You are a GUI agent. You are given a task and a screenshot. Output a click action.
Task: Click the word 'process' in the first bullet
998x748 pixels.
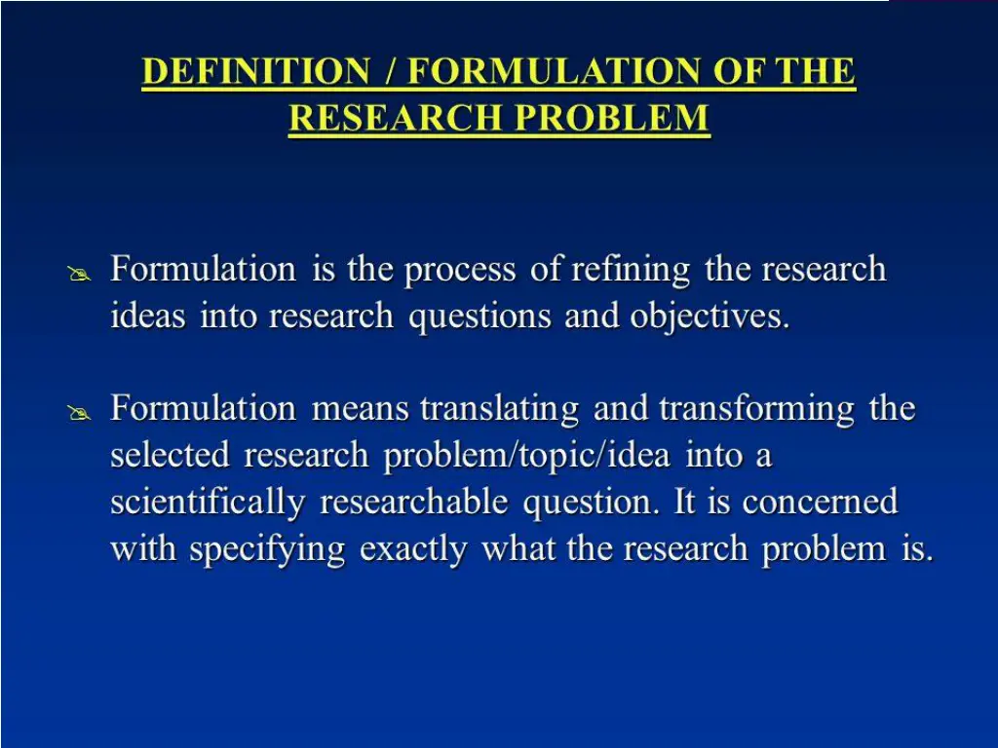tap(460, 270)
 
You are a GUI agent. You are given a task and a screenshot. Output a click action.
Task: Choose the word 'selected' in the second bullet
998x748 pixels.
tap(171, 456)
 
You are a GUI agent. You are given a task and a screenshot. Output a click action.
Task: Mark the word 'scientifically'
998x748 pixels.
tap(208, 503)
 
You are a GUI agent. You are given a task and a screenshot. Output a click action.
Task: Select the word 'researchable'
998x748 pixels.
tap(414, 503)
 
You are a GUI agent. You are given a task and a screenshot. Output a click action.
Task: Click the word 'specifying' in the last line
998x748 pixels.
tap(267, 550)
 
